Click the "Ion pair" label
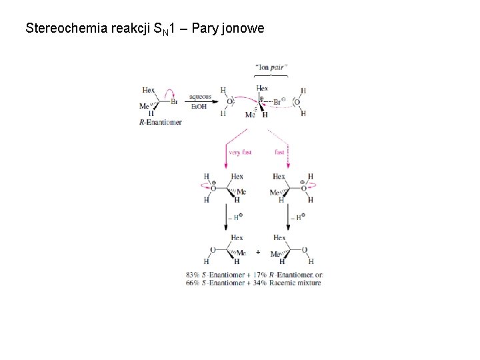pyautogui.click(x=271, y=67)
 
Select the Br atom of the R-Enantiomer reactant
pyautogui.click(x=173, y=102)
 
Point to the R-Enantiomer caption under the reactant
pyautogui.click(x=160, y=122)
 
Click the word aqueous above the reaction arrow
pyautogui.click(x=200, y=96)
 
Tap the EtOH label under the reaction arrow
pyautogui.click(x=200, y=107)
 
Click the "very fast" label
pyautogui.click(x=240, y=153)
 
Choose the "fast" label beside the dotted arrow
pyautogui.click(x=279, y=153)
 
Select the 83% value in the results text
pyautogui.click(x=194, y=275)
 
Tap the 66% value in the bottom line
pyautogui.click(x=194, y=283)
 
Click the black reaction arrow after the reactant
pyautogui.click(x=200, y=101)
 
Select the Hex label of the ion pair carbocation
pyautogui.click(x=262, y=89)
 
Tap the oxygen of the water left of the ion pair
pyautogui.click(x=230, y=102)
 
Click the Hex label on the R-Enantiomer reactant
pyautogui.click(x=149, y=90)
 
